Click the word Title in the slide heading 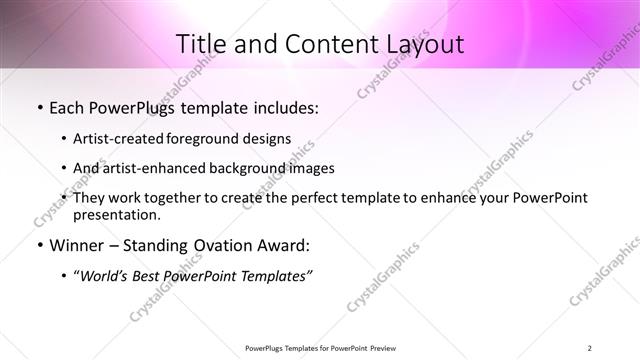click(x=202, y=45)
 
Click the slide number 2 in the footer click(x=590, y=348)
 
